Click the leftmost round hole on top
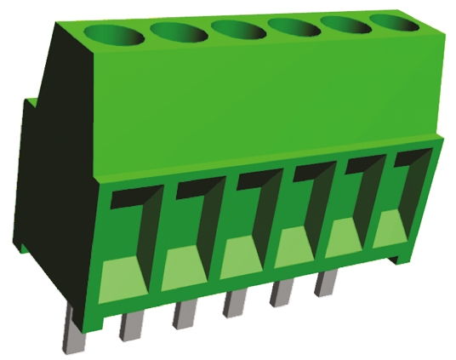[x=119, y=37]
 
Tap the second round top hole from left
[x=179, y=32]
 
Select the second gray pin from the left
[x=129, y=324]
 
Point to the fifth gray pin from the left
[x=282, y=293]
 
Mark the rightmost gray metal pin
[x=325, y=283]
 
